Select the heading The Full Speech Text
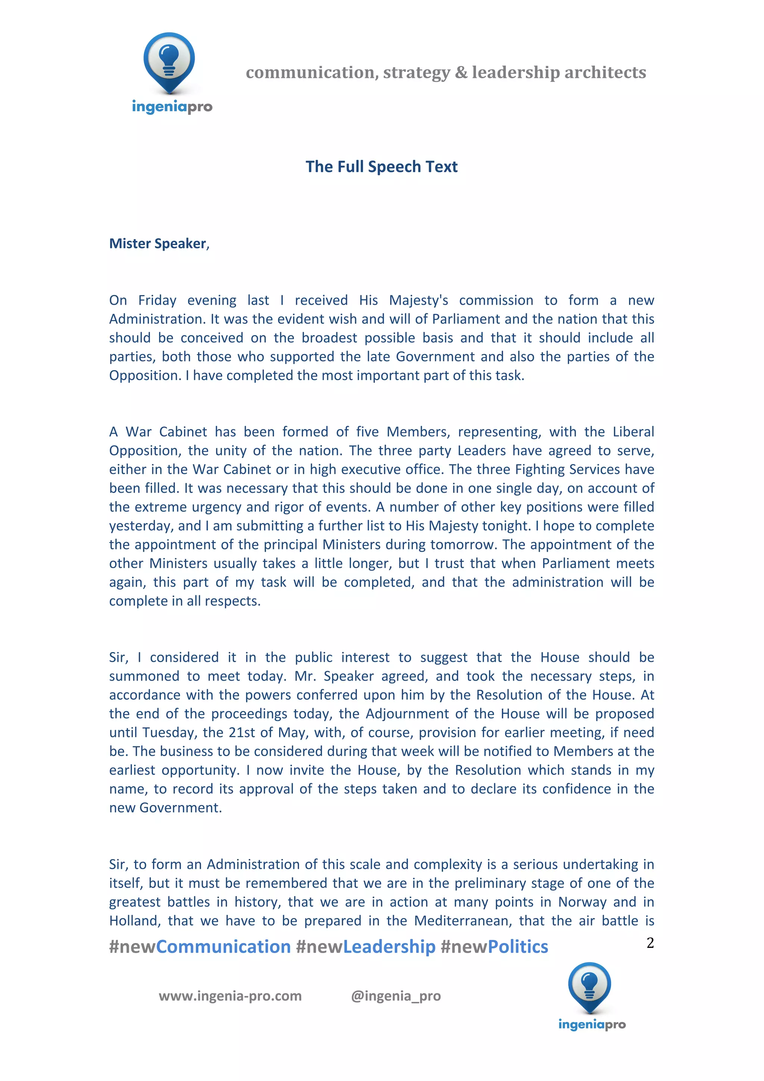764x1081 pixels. pyautogui.click(x=381, y=167)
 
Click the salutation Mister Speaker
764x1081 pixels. pyautogui.click(x=158, y=244)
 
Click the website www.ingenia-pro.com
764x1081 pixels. pyautogui.click(x=230, y=996)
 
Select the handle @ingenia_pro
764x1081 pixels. pyautogui.click(x=396, y=996)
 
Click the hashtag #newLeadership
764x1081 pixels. pyautogui.click(x=366, y=947)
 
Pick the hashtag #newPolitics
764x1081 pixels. pyautogui.click(x=494, y=947)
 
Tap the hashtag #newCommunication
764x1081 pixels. pyautogui.click(x=200, y=947)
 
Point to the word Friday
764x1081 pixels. pyautogui.click(x=157, y=300)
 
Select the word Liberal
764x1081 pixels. pyautogui.click(x=633, y=432)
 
